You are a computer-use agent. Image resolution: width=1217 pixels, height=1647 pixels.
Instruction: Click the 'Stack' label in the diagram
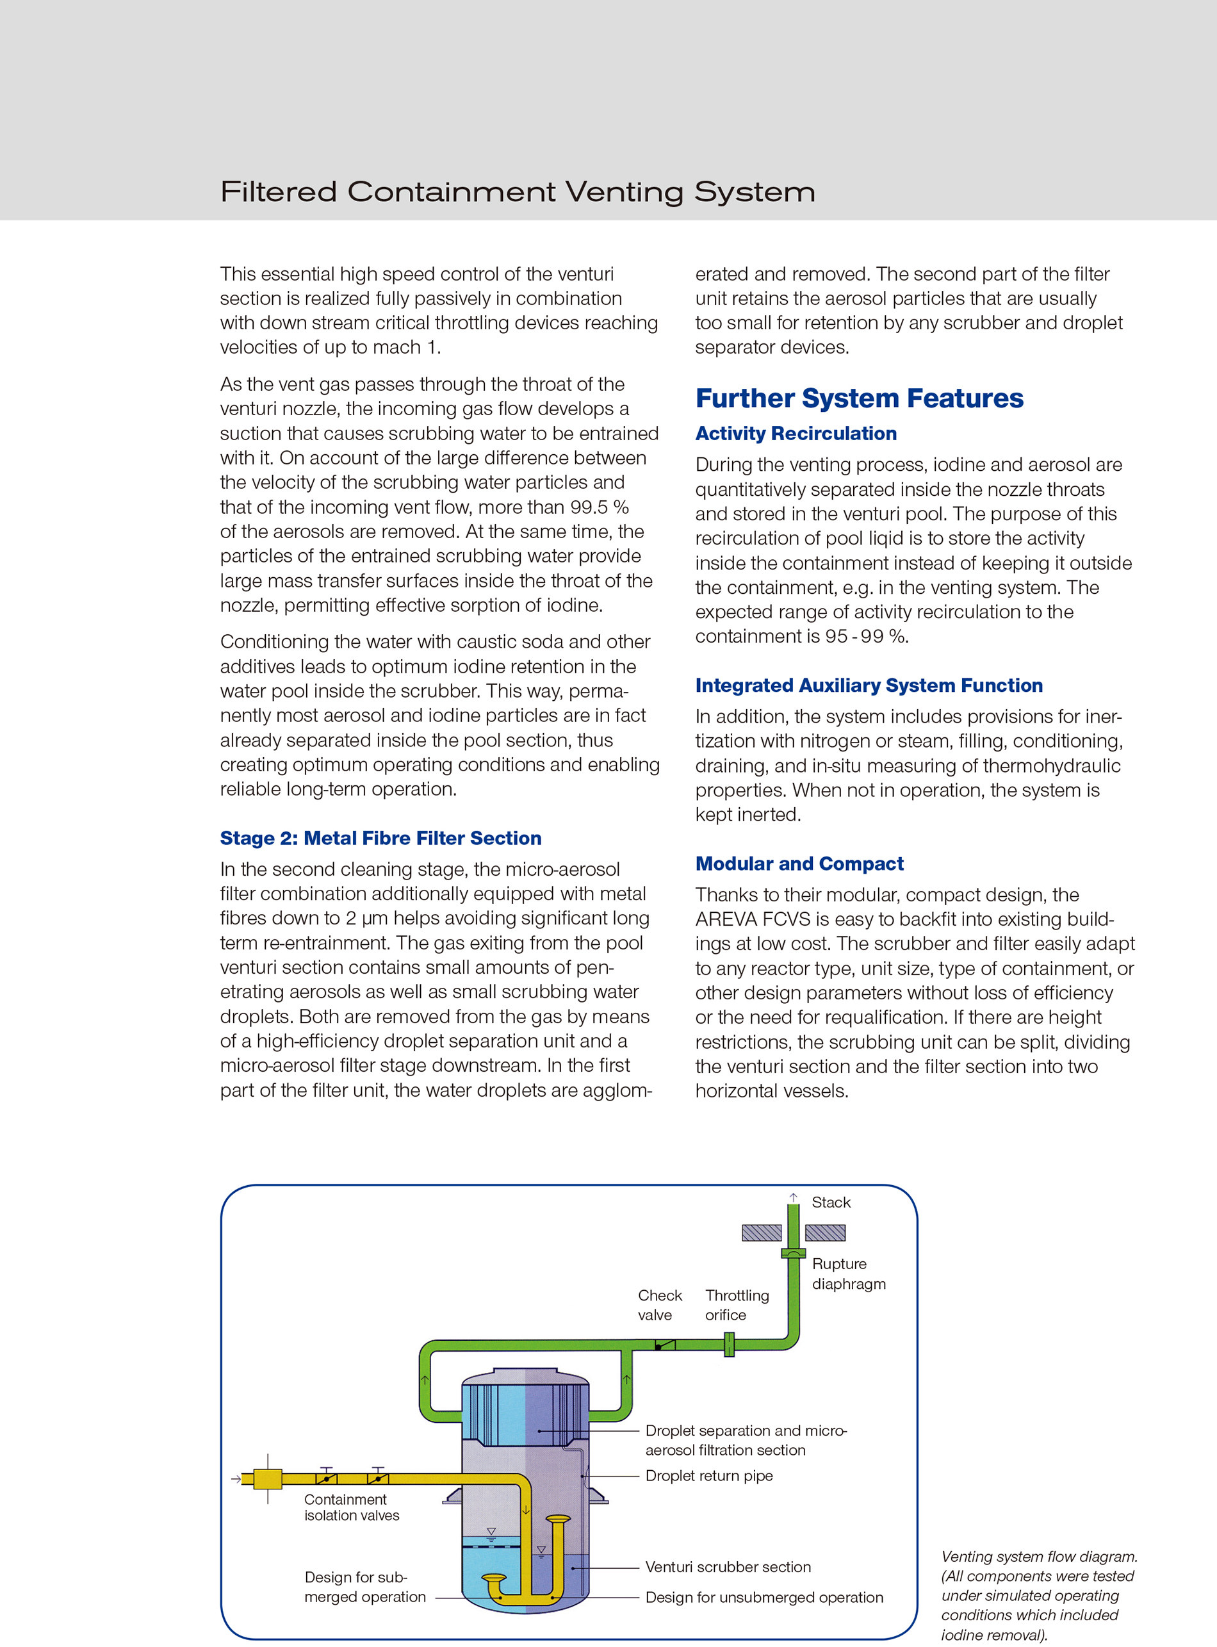[830, 1202]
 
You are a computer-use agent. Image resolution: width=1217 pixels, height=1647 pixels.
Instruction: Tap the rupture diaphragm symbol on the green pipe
[793, 1253]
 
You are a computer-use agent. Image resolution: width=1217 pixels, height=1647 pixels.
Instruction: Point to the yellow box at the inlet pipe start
[267, 1479]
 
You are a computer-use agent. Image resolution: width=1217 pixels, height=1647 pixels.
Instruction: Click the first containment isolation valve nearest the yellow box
[327, 1478]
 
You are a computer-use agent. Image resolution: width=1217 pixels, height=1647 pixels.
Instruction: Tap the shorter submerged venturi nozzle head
[494, 1578]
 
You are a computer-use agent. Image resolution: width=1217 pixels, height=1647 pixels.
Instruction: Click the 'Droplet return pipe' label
[708, 1475]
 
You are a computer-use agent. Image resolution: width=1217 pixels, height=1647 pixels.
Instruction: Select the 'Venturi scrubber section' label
[728, 1567]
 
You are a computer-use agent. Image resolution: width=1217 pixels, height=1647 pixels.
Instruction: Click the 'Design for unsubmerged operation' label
[764, 1597]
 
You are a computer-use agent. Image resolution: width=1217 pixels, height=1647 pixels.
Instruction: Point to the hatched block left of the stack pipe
[761, 1233]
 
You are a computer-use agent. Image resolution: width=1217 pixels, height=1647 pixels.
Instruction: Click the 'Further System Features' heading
[859, 398]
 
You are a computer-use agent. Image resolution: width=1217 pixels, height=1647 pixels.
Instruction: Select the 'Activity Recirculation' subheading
[796, 433]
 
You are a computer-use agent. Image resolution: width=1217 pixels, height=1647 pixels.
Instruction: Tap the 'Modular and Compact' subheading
[799, 864]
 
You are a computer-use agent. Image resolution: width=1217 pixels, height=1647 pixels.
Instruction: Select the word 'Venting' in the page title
[624, 192]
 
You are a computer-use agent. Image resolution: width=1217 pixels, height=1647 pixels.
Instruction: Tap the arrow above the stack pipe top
[794, 1197]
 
